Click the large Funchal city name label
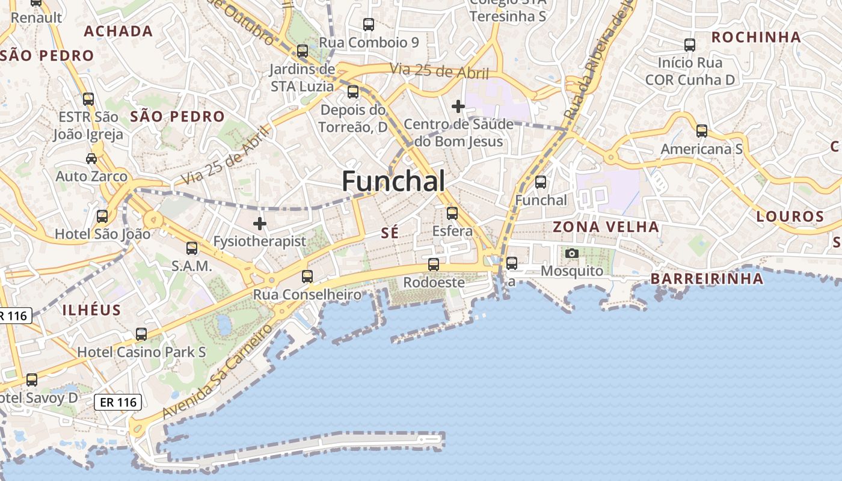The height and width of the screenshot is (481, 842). [394, 181]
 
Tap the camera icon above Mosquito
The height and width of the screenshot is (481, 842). [572, 254]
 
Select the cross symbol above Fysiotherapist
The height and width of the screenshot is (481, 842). [260, 224]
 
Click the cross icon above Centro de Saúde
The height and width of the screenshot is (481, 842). [458, 106]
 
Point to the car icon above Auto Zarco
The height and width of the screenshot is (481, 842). [91, 159]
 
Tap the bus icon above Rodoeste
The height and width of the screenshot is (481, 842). [433, 264]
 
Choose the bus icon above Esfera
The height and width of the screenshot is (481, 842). [452, 213]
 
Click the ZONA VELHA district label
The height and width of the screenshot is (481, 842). [606, 227]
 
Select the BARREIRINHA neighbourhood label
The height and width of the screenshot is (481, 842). [707, 279]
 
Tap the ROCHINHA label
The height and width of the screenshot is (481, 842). [756, 37]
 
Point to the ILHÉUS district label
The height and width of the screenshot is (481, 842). [91, 310]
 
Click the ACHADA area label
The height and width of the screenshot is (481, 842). [118, 31]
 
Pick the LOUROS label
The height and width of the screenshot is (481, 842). [790, 216]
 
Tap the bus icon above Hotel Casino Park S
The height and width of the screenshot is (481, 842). [141, 334]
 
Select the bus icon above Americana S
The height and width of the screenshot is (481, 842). [702, 131]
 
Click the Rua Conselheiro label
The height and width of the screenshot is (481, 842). [307, 295]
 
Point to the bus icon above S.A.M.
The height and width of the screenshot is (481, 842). [192, 248]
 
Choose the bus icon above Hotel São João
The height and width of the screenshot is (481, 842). [102, 216]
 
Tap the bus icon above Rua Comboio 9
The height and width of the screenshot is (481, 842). [369, 25]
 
